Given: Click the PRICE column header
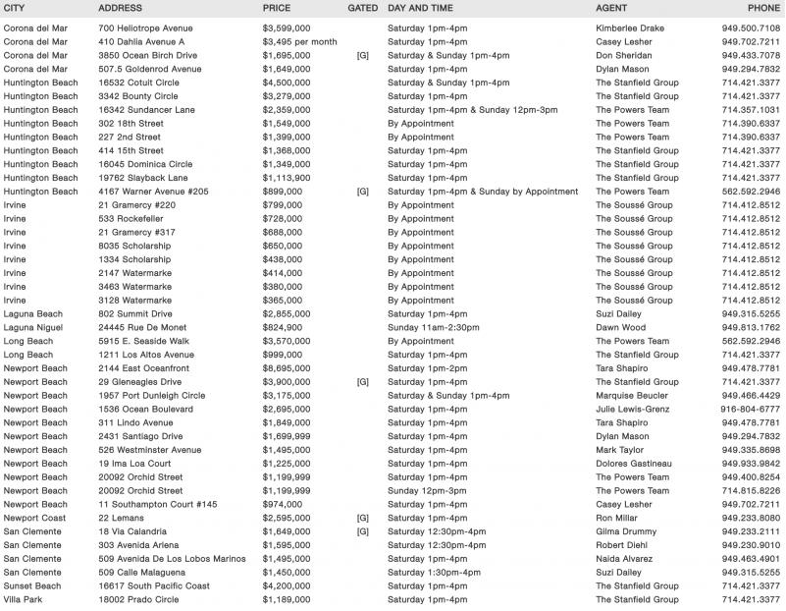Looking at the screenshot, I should pyautogui.click(x=277, y=8).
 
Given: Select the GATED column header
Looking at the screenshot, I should pyautogui.click(x=363, y=8).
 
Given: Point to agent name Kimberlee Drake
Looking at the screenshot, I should pyautogui.click(x=630, y=28).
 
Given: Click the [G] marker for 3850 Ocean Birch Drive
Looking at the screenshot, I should pyautogui.click(x=363, y=56).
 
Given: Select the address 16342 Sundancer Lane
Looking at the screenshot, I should pyautogui.click(x=143, y=110).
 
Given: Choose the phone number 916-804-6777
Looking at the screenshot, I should pyautogui.click(x=751, y=409).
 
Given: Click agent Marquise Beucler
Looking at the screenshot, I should pyautogui.click(x=634, y=395).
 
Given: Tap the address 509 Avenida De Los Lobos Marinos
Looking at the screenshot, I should pyautogui.click(x=173, y=558).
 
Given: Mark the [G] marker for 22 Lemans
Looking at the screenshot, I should pyautogui.click(x=363, y=517).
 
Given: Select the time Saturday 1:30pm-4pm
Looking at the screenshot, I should pyautogui.click(x=435, y=572).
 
